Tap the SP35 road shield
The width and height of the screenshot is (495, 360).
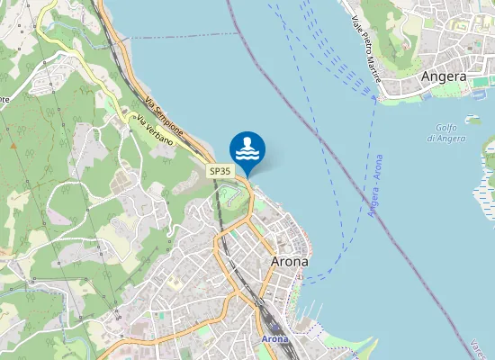coord(220,171)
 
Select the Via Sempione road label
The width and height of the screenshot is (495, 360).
coord(163,114)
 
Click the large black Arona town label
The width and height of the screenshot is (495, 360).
coord(289,261)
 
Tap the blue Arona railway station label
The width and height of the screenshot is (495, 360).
coord(274,339)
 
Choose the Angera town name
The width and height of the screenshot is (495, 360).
coord(445,76)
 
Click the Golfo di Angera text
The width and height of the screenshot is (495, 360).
coord(446,132)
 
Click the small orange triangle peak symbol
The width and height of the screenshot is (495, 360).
coord(13,144)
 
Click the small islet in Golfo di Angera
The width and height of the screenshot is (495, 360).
coord(473,118)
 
